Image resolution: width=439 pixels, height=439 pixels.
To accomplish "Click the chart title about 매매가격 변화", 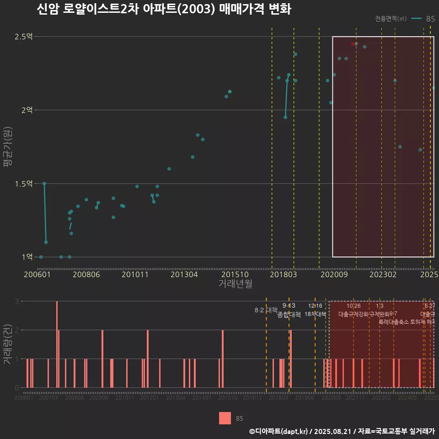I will (164, 9).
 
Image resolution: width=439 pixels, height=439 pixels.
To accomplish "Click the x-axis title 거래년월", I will (235, 284).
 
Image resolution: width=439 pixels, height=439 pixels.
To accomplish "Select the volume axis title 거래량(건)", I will (8, 344).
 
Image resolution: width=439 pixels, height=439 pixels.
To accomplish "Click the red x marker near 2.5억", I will (353, 44).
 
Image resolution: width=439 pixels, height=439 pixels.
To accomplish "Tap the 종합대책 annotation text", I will (289, 315).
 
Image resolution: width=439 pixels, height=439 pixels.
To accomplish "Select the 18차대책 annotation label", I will (315, 315).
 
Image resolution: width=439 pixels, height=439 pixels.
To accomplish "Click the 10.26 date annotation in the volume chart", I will (353, 306).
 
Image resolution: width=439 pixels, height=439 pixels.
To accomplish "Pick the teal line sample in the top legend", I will (416, 19).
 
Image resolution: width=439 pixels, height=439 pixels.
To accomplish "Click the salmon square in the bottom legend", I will (225, 418).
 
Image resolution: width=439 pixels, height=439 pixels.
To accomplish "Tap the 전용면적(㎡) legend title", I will (391, 19).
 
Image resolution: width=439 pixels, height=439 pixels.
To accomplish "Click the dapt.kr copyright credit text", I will (342, 431).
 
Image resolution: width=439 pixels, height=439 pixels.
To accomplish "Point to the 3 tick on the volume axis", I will (17, 301).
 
